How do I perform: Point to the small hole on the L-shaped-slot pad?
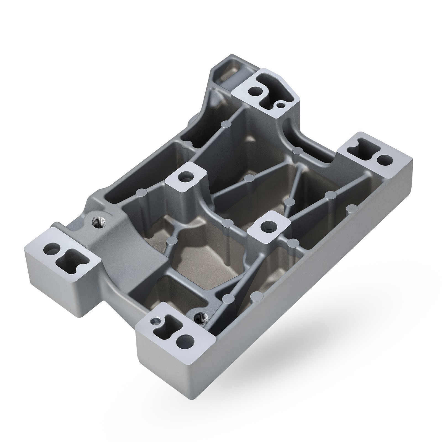pyautogui.click(x=281, y=105)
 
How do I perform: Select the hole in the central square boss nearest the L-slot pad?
pyautogui.click(x=185, y=177)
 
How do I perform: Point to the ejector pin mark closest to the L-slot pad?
pyautogui.click(x=226, y=123)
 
